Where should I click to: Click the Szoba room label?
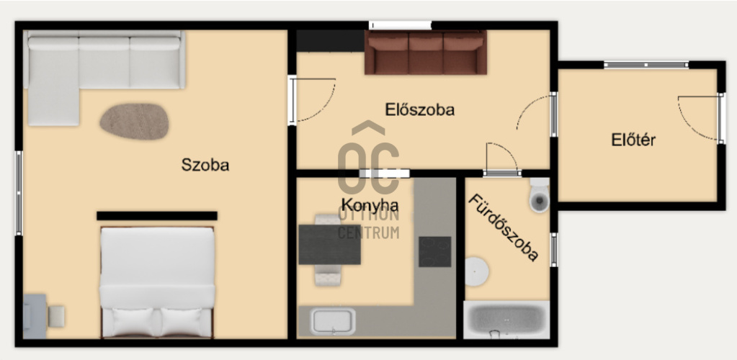(x=205, y=165)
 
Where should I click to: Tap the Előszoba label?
(x=420, y=109)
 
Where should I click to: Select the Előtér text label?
(x=633, y=140)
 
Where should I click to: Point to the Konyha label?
(x=370, y=205)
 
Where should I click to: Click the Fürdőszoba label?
(x=502, y=228)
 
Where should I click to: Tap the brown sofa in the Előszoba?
(x=425, y=52)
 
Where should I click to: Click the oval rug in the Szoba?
(x=134, y=122)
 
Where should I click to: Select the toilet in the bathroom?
(x=539, y=195)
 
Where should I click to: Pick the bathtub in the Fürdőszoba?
(x=506, y=320)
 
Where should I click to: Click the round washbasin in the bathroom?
(x=477, y=271)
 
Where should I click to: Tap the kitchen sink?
(x=333, y=321)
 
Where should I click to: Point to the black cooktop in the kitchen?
(x=434, y=252)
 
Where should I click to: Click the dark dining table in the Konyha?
(x=329, y=244)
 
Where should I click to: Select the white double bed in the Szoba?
(x=158, y=282)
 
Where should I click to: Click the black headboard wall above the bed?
(x=157, y=216)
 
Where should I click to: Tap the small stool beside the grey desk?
(x=56, y=316)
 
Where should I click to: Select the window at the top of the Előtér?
(x=646, y=65)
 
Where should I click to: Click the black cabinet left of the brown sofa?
(x=331, y=41)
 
